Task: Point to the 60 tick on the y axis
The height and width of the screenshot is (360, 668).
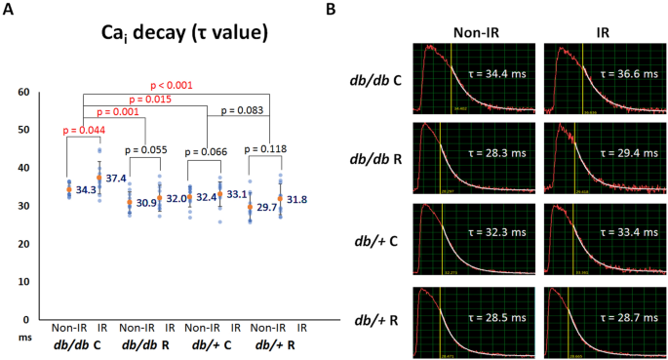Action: click(25, 93)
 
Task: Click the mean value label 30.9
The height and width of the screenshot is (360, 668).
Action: click(147, 201)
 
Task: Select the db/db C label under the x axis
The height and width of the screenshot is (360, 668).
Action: click(83, 346)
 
